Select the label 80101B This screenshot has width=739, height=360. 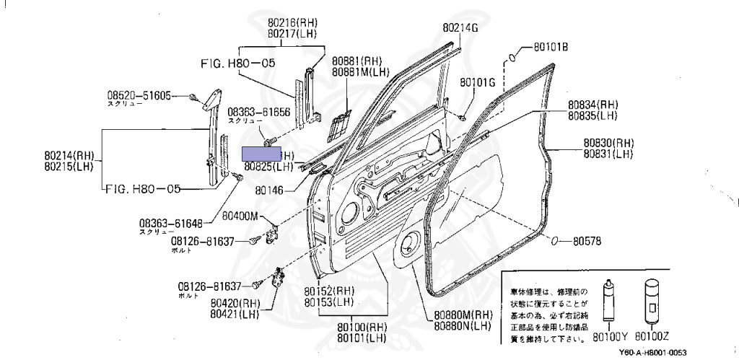click(551, 48)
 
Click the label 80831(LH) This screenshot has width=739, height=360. click(608, 153)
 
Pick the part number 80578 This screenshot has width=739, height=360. click(588, 241)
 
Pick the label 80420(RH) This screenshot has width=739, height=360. click(235, 303)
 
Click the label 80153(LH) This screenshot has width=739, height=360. click(328, 301)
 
